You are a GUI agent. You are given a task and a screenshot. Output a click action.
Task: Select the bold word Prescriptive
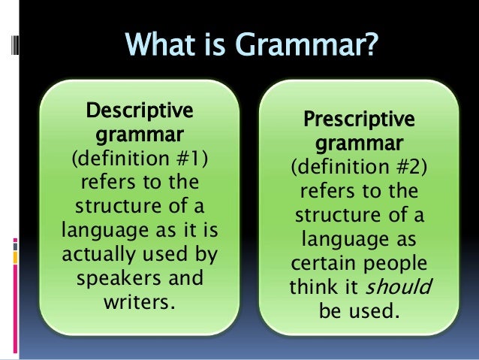coord(357,119)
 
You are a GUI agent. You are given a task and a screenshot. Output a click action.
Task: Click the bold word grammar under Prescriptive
coord(357,144)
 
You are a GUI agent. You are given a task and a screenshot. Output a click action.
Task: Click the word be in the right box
coord(330,310)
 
